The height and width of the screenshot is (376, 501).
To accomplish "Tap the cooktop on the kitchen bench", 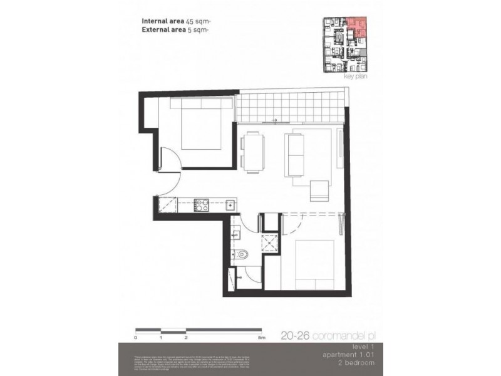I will pos(201,203).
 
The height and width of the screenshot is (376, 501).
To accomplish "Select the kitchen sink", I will pos(230,204).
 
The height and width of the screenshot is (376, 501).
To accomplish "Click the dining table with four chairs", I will pos(253,151).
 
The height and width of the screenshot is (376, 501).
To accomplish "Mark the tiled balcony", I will pos(291,107).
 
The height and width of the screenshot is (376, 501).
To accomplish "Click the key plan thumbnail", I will pos(345,44).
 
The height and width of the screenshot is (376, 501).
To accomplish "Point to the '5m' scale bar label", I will pos(261,337).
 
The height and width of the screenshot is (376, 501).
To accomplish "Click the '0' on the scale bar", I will pos(136,337).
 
